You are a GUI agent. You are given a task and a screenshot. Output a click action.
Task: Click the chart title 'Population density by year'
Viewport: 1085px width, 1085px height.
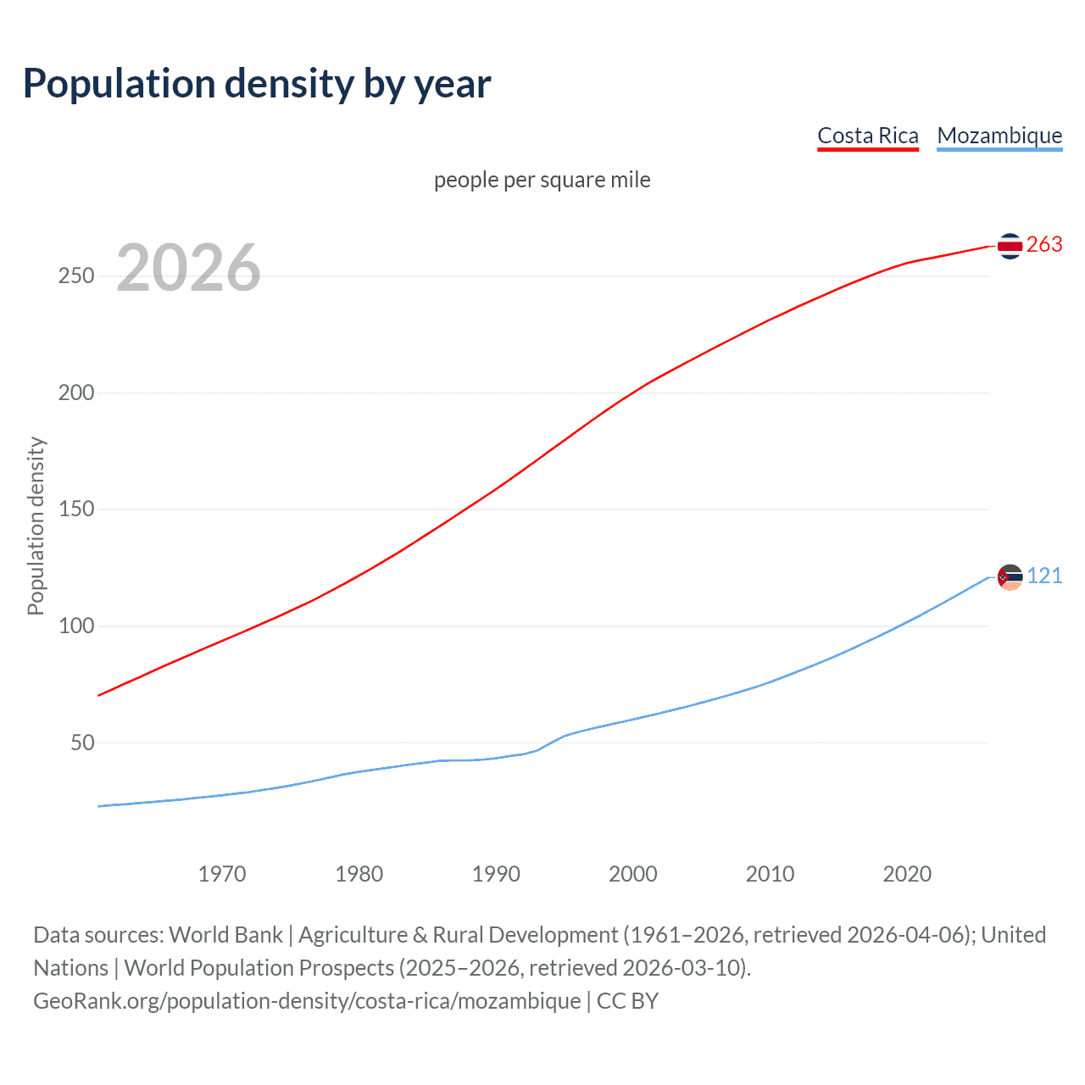point(257,84)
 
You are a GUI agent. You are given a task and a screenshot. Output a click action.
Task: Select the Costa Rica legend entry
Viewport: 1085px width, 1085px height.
point(867,136)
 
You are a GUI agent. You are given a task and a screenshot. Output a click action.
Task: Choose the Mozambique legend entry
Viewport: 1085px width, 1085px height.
point(999,136)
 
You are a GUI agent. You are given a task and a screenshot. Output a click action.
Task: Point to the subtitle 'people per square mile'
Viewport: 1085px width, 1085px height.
point(542,180)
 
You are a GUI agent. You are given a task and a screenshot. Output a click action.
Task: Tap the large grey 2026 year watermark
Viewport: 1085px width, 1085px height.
point(188,268)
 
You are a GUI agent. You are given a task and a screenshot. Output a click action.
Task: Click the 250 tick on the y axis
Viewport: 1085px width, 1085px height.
point(76,276)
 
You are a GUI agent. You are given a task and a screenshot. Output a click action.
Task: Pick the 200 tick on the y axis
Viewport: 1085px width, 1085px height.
point(76,393)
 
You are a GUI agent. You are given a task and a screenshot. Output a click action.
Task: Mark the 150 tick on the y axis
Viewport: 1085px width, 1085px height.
point(76,509)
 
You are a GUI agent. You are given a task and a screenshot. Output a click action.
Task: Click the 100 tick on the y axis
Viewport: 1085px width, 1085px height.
point(76,626)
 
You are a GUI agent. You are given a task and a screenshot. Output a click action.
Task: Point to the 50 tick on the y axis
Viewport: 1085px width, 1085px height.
point(82,743)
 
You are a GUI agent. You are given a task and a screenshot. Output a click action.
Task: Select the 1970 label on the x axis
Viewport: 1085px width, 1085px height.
point(222,874)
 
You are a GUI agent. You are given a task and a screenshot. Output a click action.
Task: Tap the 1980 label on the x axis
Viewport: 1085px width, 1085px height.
point(359,874)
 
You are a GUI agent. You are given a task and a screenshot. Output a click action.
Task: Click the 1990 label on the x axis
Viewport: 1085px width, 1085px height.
point(496,874)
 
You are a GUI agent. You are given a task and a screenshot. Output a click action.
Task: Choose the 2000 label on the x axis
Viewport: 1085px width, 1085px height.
point(633,874)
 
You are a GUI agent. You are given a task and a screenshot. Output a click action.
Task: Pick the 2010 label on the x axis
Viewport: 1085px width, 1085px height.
point(770,874)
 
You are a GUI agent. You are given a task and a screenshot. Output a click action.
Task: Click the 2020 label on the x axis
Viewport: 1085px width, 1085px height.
point(907,874)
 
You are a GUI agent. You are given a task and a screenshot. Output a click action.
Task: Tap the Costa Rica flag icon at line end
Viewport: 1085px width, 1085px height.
point(1010,246)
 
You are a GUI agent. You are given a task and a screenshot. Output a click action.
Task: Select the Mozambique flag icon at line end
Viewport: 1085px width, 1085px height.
point(1010,577)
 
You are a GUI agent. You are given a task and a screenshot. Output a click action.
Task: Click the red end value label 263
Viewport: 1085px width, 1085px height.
point(1044,245)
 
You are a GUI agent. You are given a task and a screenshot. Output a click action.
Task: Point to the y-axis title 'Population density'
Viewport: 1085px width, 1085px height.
point(36,526)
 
